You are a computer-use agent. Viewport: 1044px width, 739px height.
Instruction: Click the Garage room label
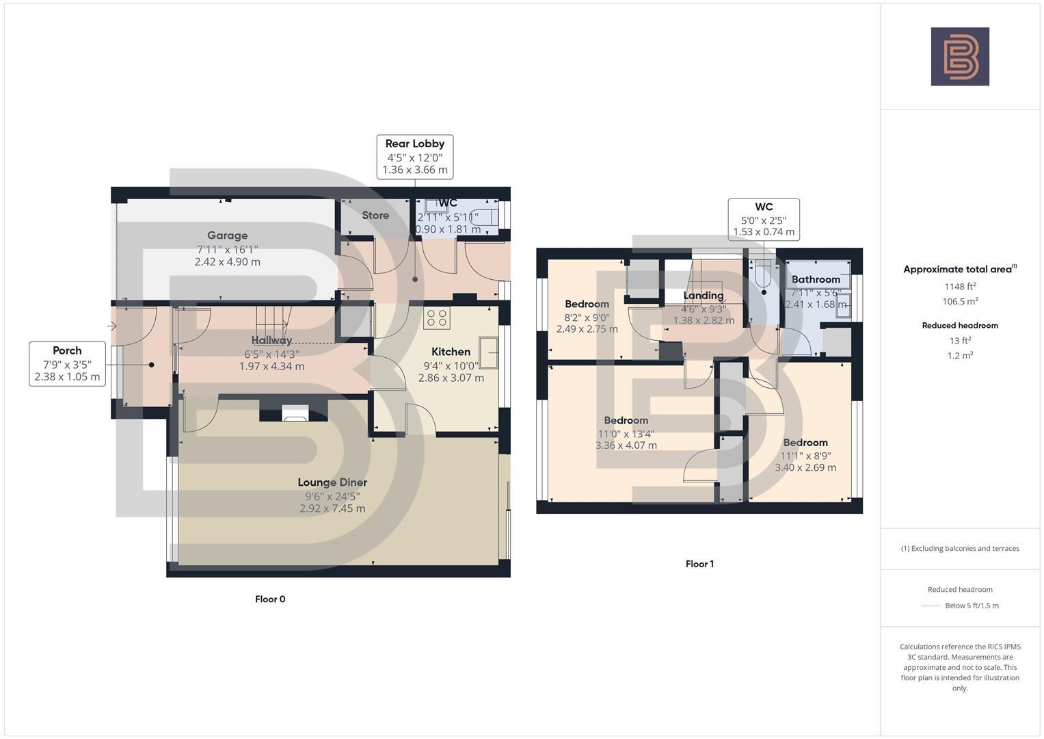(227, 235)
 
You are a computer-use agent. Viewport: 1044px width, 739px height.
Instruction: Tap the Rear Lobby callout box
(414, 157)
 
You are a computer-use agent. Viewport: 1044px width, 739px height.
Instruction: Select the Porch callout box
(67, 363)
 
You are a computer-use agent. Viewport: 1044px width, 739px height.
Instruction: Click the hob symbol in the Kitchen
(437, 318)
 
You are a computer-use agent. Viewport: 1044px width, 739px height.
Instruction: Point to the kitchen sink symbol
(489, 351)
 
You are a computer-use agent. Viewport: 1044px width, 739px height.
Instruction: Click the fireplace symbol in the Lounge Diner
(295, 413)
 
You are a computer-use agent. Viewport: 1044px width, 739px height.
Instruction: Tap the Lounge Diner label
(332, 482)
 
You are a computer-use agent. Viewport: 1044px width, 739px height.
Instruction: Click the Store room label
(375, 215)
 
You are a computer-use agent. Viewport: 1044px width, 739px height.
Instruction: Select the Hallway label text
(271, 340)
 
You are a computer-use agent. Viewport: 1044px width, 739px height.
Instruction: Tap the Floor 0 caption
(270, 599)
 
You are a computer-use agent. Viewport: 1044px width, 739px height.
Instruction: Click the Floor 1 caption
(699, 565)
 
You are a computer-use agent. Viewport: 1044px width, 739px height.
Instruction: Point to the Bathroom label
(816, 279)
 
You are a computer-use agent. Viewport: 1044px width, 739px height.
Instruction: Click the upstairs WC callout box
(764, 219)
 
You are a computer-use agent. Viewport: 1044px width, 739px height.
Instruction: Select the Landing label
(704, 296)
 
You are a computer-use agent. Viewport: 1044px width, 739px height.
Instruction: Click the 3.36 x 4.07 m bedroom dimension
(626, 445)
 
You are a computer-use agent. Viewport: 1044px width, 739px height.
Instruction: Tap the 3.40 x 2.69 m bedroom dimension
(805, 468)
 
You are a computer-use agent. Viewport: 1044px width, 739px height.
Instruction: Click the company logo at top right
(960, 57)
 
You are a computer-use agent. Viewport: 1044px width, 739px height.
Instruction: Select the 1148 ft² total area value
(960, 286)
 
